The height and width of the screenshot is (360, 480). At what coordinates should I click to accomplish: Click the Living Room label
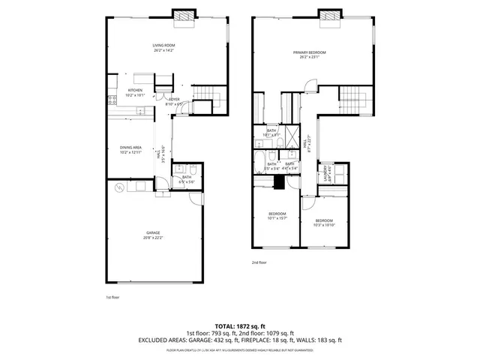coord(163,46)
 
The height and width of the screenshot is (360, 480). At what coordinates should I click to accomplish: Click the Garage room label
coord(153,233)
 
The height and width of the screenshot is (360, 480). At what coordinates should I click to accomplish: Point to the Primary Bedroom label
coord(309,52)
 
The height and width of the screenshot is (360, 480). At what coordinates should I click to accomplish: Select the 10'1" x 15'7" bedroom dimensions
coord(277,218)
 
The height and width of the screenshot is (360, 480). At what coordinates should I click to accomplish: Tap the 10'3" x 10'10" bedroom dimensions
coord(324,224)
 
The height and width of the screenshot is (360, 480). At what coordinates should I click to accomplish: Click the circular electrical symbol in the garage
coord(117,190)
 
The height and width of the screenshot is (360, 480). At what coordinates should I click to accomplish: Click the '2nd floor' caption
coord(259,262)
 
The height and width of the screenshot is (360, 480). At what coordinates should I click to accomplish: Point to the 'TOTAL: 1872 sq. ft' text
coord(240,325)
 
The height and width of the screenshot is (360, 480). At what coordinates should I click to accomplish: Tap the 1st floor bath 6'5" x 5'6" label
coord(187,179)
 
